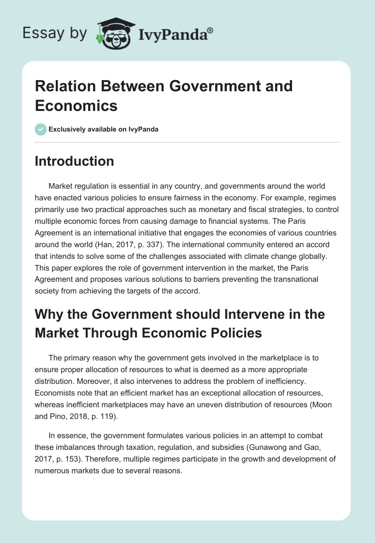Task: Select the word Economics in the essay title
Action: click(x=76, y=106)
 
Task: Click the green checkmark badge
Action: click(x=41, y=129)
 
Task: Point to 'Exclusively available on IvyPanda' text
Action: click(x=104, y=129)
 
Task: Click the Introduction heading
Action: click(x=74, y=161)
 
